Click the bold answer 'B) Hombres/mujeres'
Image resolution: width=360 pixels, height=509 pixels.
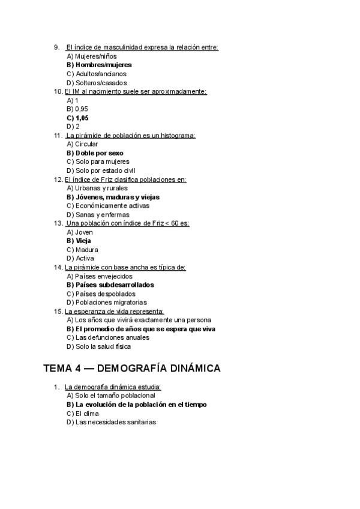(x=100, y=65)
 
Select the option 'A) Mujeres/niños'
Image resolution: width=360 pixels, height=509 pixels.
(x=92, y=56)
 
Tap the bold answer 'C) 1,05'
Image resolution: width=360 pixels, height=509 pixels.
(x=77, y=118)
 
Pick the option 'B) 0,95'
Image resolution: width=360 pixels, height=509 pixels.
(x=77, y=109)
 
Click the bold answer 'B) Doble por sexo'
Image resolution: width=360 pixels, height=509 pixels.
(x=95, y=153)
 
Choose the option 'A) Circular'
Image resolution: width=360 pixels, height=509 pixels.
(x=82, y=144)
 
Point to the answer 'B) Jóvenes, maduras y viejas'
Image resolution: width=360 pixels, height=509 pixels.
(x=113, y=197)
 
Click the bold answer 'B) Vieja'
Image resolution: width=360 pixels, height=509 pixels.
(x=79, y=241)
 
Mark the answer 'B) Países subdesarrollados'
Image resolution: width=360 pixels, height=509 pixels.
(x=110, y=285)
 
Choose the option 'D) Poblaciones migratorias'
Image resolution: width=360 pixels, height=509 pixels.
(x=107, y=303)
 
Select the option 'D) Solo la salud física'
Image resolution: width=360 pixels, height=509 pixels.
(x=99, y=346)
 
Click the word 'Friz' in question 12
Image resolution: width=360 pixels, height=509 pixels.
(x=114, y=179)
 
